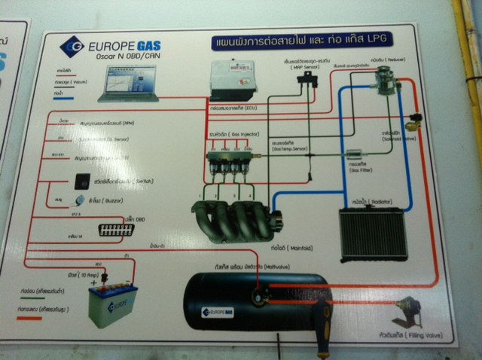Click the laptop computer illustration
[127, 84]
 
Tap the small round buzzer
[81, 200]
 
